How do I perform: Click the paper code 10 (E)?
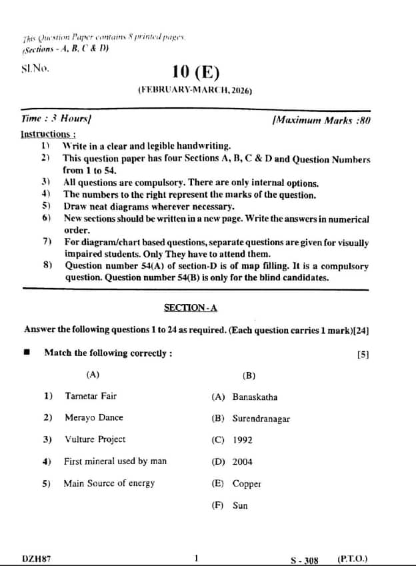click(x=195, y=72)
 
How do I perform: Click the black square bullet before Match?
click(x=27, y=353)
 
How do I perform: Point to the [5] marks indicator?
click(x=363, y=355)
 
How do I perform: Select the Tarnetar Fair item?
click(x=91, y=396)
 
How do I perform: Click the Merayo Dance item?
click(x=93, y=418)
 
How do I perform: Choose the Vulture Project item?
click(x=95, y=440)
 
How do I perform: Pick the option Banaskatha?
click(x=255, y=397)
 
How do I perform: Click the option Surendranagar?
click(x=261, y=419)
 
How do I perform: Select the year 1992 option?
click(x=243, y=441)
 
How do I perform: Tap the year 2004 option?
click(x=243, y=462)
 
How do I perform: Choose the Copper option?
click(x=247, y=484)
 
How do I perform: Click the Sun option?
click(x=240, y=505)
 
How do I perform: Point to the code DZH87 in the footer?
click(x=37, y=559)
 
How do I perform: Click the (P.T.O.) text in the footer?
click(x=353, y=559)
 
